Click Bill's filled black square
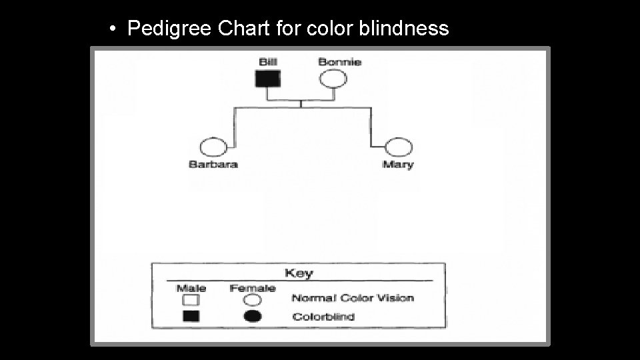tap(268, 79)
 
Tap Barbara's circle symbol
tap(213, 147)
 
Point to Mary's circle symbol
tap(399, 147)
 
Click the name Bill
tap(268, 62)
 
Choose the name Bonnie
tap(339, 62)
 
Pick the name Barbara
tap(213, 165)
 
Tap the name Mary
tap(398, 165)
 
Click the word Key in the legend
tap(299, 273)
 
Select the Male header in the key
tap(191, 288)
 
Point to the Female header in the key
tap(253, 288)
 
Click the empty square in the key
tap(191, 300)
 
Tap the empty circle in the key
tap(253, 300)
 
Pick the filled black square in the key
tap(191, 316)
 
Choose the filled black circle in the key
tap(253, 316)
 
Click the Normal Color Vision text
tap(353, 298)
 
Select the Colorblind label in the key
tap(323, 316)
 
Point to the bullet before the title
tap(114, 29)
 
